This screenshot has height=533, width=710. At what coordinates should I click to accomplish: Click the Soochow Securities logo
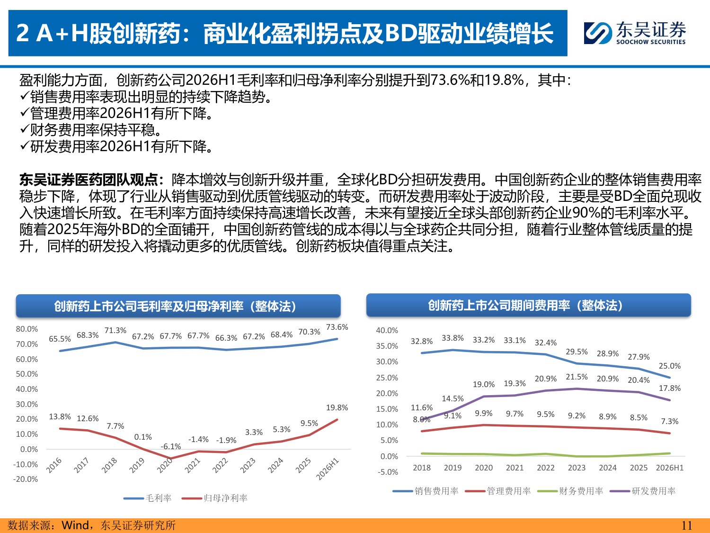point(634,33)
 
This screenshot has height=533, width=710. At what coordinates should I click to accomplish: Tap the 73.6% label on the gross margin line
point(337,327)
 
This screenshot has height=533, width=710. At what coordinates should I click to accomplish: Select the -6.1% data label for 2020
point(171,447)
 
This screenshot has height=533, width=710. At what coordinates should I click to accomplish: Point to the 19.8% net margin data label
point(337,407)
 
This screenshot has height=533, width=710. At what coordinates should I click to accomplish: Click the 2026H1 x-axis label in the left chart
point(328,469)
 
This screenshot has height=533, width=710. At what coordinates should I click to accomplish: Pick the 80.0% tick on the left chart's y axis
point(27,329)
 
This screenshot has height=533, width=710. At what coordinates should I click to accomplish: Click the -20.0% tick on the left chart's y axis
point(26,479)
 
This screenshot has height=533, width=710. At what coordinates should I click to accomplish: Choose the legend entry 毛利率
point(148,498)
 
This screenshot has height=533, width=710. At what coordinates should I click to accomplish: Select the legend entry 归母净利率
point(214,498)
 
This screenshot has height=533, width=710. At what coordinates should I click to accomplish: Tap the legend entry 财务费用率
point(570,491)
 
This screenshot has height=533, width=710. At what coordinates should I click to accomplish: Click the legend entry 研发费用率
point(643,491)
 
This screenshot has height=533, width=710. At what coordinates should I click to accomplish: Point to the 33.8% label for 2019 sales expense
point(453,338)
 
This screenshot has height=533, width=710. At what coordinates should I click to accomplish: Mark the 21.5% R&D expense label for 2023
point(577,377)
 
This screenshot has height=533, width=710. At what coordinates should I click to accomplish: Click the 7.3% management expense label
point(670,421)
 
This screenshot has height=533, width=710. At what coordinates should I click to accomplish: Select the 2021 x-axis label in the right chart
point(515,468)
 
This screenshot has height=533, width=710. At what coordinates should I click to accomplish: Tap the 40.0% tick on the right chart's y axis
point(387,330)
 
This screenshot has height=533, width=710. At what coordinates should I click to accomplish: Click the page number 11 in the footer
point(687,525)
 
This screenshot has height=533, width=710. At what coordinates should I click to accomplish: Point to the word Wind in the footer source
point(75,525)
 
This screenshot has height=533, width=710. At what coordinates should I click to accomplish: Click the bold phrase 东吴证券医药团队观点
point(89,180)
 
